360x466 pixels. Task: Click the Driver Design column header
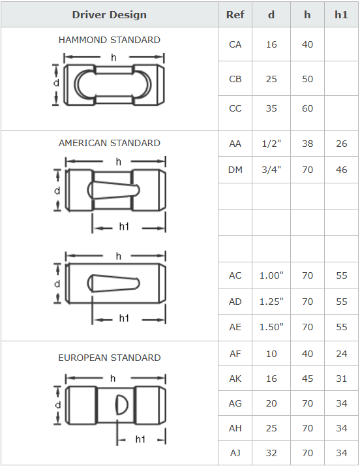coord(110,15)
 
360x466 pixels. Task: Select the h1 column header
coord(341,15)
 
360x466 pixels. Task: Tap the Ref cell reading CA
coord(235,44)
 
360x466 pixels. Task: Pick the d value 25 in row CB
coord(271,79)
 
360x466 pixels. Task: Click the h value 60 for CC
coord(307,108)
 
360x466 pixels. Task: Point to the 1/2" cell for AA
coord(271,144)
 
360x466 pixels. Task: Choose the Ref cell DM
coord(235,170)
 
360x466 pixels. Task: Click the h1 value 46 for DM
coord(341,170)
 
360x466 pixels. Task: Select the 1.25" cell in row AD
coord(271,302)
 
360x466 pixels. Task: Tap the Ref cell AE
coord(235,327)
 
